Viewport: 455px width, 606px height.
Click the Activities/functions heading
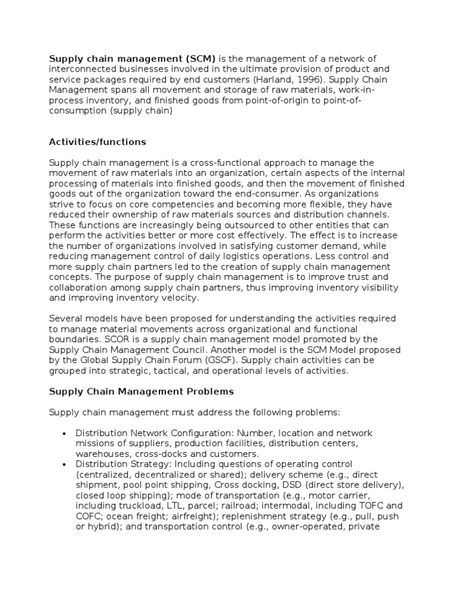pos(97,142)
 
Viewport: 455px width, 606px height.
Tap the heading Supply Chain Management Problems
pos(141,392)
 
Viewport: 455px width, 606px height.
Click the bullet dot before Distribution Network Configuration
pos(63,434)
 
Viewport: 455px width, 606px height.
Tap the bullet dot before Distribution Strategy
pos(63,464)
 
